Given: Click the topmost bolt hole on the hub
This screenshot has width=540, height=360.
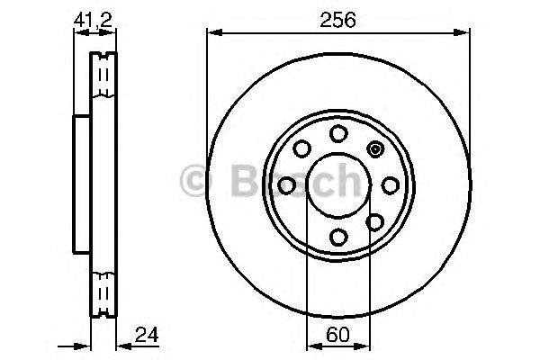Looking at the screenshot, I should (338, 134).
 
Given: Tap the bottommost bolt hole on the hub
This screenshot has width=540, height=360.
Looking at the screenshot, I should (338, 237).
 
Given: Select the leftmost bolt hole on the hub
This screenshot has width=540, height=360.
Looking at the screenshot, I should (287, 185).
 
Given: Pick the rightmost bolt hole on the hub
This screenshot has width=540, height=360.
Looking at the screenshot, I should (390, 185).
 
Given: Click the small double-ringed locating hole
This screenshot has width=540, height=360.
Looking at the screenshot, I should (375, 149).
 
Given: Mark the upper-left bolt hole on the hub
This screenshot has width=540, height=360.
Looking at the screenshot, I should (302, 149).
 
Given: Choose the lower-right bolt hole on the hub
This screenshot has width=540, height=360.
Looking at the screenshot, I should (375, 221).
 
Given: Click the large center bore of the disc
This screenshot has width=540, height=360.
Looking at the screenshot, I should (338, 185).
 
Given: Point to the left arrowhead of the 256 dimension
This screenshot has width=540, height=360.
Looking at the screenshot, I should (213, 33).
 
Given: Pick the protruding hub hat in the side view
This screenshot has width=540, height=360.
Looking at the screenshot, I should (81, 185).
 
